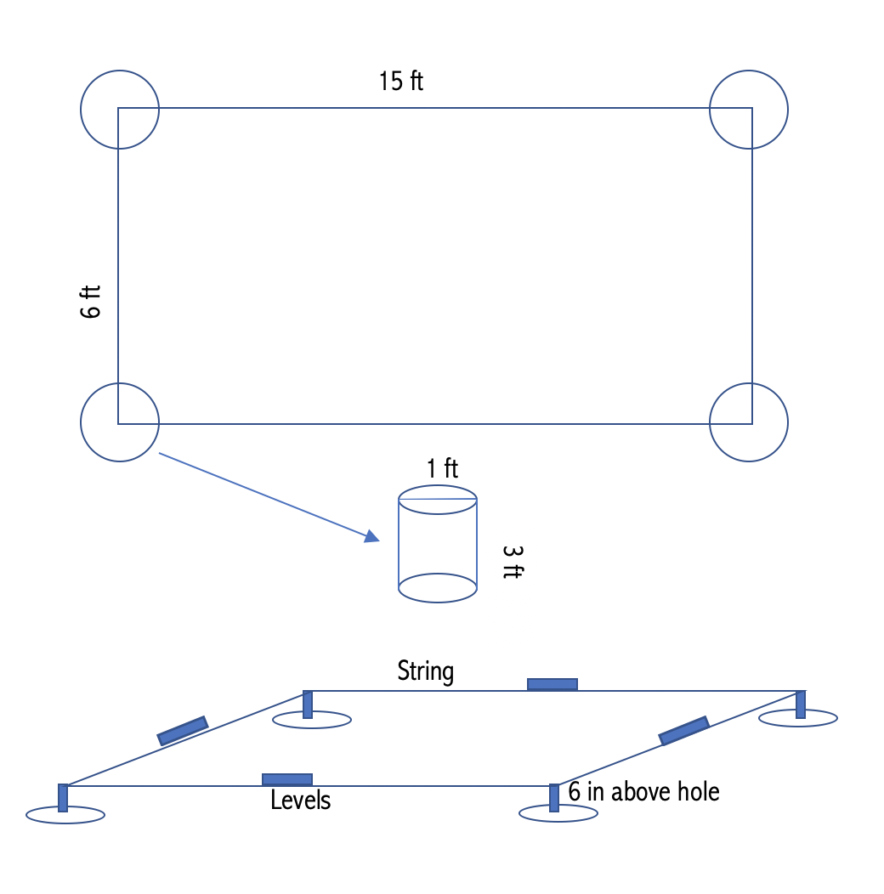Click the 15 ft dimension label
pyautogui.click(x=401, y=81)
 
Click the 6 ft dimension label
pyautogui.click(x=91, y=302)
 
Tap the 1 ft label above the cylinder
pyautogui.click(x=443, y=468)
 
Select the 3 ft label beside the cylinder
pyautogui.click(x=513, y=563)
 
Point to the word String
pyautogui.click(x=426, y=671)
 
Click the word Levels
pyautogui.click(x=301, y=800)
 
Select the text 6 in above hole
pyautogui.click(x=644, y=791)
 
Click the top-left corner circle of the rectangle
pyautogui.click(x=81, y=110)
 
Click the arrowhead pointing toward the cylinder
pyautogui.click(x=371, y=536)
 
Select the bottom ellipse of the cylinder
pyautogui.click(x=438, y=602)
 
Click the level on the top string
pyautogui.click(x=552, y=684)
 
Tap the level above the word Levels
pyautogui.click(x=286, y=779)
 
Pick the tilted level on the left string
pyautogui.click(x=183, y=731)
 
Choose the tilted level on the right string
pyautogui.click(x=683, y=731)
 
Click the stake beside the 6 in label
pyautogui.click(x=554, y=798)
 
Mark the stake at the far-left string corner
pyautogui.click(x=63, y=798)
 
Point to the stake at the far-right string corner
pyautogui.click(x=801, y=704)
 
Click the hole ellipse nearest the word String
pyautogui.click(x=312, y=727)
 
